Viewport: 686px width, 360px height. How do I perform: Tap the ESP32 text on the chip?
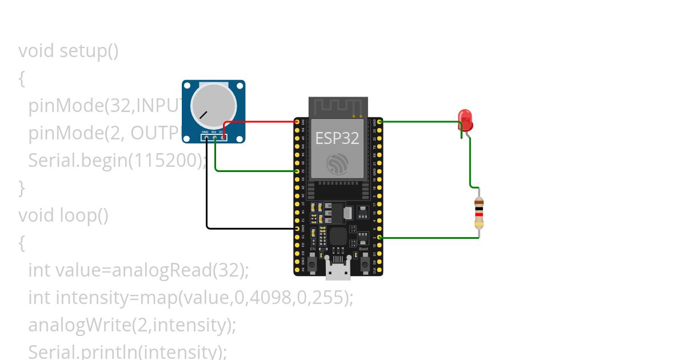[x=337, y=138]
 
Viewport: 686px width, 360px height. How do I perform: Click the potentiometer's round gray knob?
[x=213, y=105]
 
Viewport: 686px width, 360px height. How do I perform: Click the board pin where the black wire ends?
[x=297, y=228]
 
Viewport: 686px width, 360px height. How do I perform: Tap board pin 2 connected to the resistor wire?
[x=380, y=237]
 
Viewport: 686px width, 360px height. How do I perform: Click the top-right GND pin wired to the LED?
[x=380, y=122]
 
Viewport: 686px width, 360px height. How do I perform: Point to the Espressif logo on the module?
[x=337, y=165]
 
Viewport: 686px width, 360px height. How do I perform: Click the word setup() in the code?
[x=89, y=51]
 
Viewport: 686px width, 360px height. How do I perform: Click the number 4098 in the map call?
[x=272, y=298]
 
